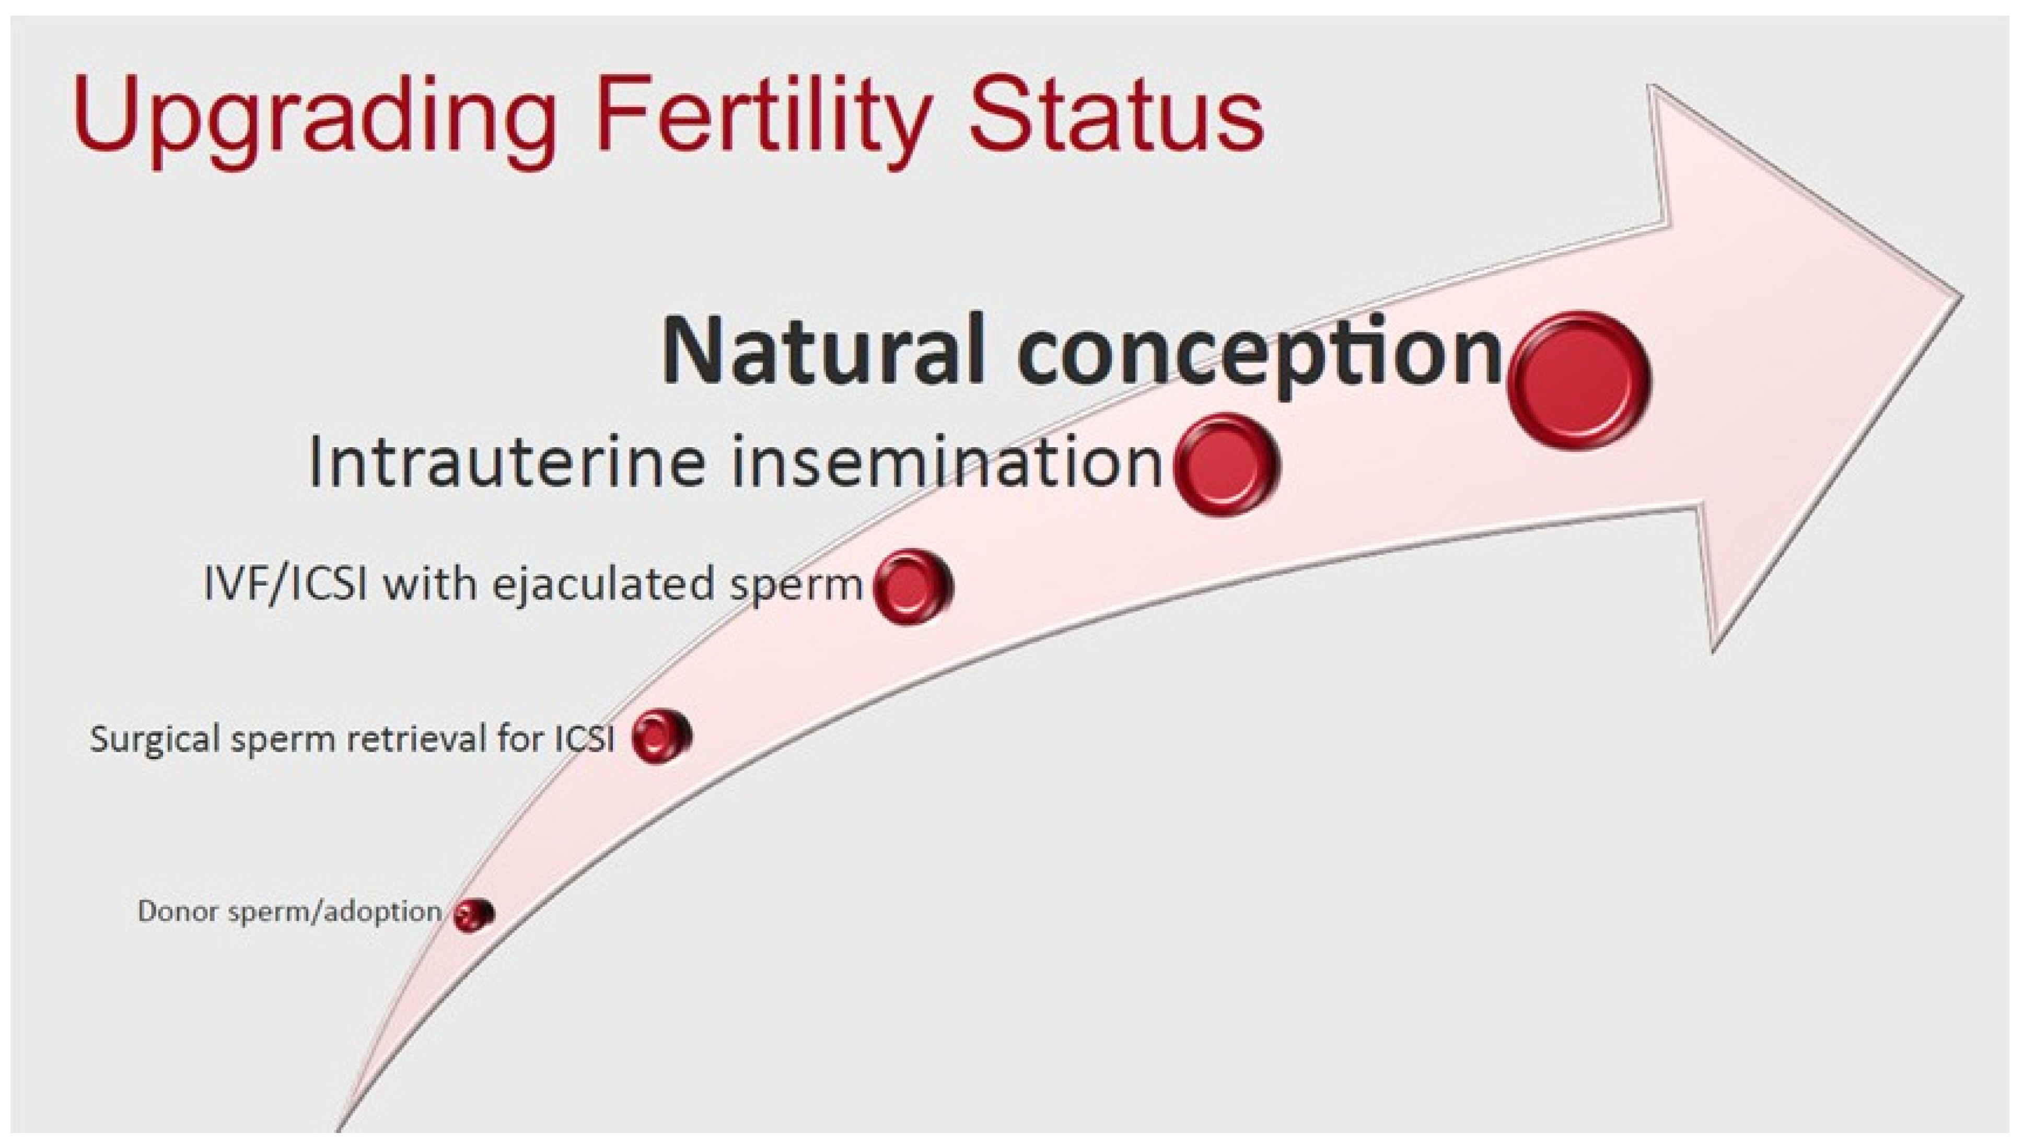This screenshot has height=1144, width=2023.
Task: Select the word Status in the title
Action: click(1115, 113)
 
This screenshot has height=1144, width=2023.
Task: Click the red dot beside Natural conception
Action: click(1578, 381)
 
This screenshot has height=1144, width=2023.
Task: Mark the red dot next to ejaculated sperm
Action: click(912, 586)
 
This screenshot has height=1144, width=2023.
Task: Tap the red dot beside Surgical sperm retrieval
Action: click(661, 736)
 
